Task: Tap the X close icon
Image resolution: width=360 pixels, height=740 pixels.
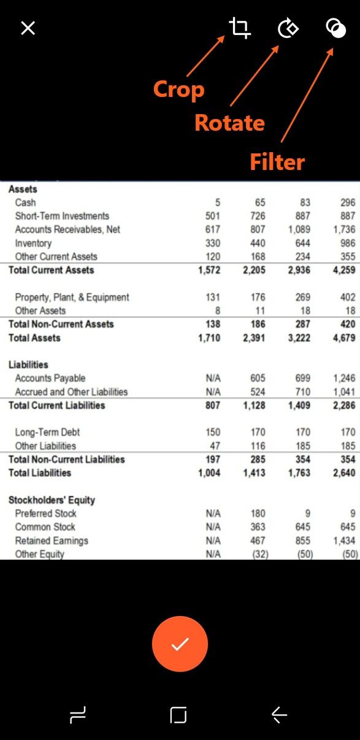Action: click(x=28, y=28)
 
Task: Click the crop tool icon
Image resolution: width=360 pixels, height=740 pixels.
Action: click(x=240, y=28)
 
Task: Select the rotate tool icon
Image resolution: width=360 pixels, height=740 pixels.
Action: click(x=288, y=28)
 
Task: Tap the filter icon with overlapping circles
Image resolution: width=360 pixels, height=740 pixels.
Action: click(x=335, y=28)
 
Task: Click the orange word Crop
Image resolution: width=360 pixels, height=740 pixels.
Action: click(x=178, y=90)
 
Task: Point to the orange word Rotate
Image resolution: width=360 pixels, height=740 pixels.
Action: click(x=229, y=123)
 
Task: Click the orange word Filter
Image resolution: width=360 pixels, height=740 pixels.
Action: click(x=277, y=162)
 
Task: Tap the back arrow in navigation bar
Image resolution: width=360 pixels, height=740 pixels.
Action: click(x=279, y=714)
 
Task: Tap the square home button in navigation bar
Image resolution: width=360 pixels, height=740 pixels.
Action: click(x=178, y=714)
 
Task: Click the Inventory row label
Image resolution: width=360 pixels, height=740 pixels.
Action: click(x=33, y=243)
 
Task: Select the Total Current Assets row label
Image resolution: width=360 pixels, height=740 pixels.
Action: click(x=52, y=270)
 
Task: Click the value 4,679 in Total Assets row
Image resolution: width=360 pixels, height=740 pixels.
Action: click(x=344, y=337)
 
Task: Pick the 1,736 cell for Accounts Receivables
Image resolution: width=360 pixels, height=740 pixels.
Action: click(x=344, y=229)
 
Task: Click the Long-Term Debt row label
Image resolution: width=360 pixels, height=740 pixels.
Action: click(x=47, y=432)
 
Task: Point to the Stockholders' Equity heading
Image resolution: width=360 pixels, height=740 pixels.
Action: click(x=52, y=499)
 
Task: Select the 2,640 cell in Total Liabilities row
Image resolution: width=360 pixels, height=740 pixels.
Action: click(x=344, y=472)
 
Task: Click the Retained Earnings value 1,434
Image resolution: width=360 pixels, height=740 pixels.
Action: click(x=344, y=541)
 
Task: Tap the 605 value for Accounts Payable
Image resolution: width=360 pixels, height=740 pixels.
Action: click(x=258, y=378)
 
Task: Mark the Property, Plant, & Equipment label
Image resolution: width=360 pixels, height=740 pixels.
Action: click(x=72, y=297)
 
